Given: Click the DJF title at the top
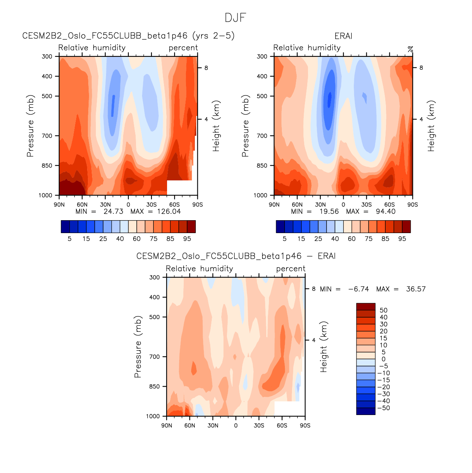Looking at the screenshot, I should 235,18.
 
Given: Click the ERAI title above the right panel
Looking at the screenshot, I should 343,36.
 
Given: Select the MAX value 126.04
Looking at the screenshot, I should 169,211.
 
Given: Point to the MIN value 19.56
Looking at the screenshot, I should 329,211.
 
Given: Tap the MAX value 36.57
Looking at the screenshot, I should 416,289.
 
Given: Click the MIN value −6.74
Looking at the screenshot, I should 358,289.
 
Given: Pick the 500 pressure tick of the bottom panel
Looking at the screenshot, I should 155,317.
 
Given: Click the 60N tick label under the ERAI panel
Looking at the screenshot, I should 297,205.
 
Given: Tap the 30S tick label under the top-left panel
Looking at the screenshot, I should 151,205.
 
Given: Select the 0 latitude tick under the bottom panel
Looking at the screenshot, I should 236,426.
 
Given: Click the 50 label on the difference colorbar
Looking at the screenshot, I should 383,310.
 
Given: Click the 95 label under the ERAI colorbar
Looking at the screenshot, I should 402,239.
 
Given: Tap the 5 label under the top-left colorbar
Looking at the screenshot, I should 70,239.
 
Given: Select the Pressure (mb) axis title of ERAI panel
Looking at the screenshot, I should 245,126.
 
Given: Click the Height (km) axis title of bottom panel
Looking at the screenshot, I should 324,347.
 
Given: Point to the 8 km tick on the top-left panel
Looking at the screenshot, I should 206,68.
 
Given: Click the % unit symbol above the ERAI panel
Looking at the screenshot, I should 410,49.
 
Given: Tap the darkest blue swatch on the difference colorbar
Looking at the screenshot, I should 366,411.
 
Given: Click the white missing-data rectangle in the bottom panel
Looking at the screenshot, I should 289,409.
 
